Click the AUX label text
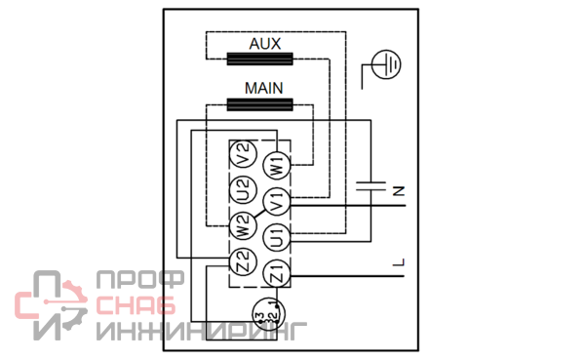(265, 44)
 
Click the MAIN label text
(264, 88)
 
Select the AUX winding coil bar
(259, 59)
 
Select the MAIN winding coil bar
(259, 104)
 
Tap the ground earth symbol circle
(386, 64)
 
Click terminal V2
(243, 154)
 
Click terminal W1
(277, 166)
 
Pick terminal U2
(243, 189)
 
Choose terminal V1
(277, 202)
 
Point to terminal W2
(243, 225)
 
